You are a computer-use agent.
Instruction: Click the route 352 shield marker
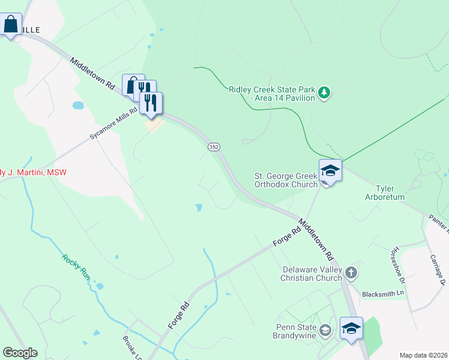point(213,147)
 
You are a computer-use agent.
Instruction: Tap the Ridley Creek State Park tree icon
point(324,92)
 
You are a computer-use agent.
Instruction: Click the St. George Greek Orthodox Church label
point(286,180)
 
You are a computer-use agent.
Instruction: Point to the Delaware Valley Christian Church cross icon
point(351,274)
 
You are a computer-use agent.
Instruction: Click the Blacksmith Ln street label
point(384,295)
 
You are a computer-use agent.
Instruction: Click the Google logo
point(20,353)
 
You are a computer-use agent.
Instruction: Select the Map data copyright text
point(423,355)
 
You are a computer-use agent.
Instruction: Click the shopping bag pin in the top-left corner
point(11,25)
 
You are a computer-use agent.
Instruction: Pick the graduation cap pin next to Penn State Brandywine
point(351,328)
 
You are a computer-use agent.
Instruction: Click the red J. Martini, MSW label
point(33,173)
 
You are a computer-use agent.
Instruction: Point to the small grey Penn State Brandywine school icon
point(325,329)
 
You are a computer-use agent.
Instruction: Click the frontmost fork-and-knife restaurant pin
point(151,103)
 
